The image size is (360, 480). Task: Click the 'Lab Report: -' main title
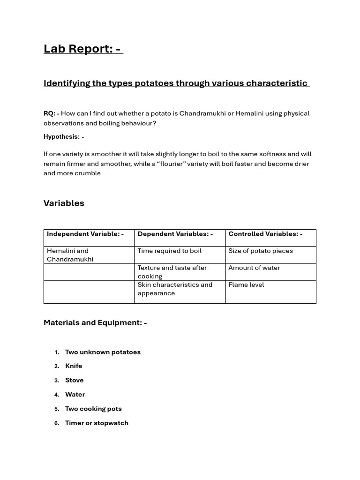83,49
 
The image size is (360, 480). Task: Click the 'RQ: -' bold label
51,113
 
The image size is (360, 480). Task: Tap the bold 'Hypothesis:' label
61,137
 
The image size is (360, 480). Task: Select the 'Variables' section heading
64,203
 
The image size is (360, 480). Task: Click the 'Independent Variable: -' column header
85,234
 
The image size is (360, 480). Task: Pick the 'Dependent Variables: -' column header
175,234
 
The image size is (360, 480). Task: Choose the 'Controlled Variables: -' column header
265,234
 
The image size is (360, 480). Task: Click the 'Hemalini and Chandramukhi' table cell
70,255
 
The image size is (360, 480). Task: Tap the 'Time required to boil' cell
169,251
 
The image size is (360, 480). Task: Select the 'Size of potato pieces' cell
260,251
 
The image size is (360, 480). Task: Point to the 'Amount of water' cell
254,268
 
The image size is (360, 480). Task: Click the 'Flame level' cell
246,285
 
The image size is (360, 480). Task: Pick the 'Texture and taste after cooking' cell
172,272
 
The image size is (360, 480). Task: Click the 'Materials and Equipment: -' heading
95,322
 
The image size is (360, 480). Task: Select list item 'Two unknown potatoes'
103,352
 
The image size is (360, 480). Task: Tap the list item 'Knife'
74,366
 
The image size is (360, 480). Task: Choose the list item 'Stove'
74,380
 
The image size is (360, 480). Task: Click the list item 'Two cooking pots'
93,409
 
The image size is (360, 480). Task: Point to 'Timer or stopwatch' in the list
97,423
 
